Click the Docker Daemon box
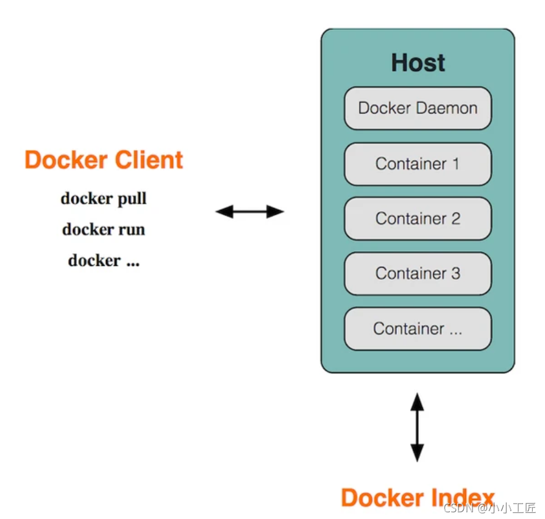click(x=418, y=109)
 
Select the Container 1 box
click(x=418, y=164)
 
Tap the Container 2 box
click(x=418, y=219)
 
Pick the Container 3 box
click(x=418, y=274)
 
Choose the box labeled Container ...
click(x=418, y=329)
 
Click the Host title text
click(x=418, y=63)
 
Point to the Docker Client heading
click(x=104, y=160)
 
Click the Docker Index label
click(x=417, y=497)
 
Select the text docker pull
click(x=104, y=199)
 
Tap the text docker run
click(x=104, y=230)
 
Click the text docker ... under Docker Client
click(x=104, y=261)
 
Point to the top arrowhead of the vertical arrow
click(x=417, y=400)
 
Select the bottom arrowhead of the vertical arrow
click(x=417, y=454)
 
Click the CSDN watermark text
click(x=490, y=508)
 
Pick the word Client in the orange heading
click(x=151, y=160)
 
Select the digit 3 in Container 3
click(x=455, y=274)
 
